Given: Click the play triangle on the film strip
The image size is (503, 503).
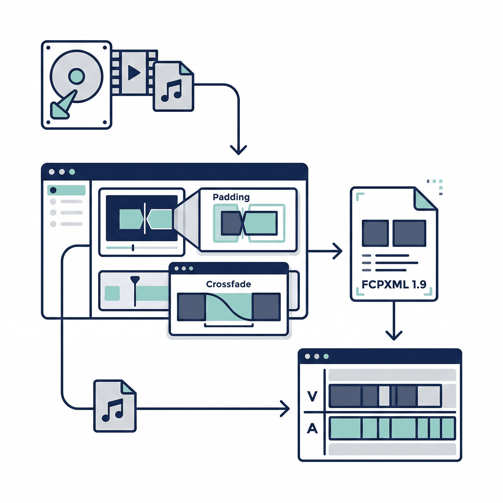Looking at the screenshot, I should (x=134, y=72).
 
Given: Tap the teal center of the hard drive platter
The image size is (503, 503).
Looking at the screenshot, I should (x=77, y=76).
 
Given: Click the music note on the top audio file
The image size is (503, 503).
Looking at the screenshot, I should (x=171, y=91).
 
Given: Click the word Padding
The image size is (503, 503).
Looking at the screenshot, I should (x=231, y=197).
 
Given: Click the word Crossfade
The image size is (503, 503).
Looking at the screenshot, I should (x=228, y=284).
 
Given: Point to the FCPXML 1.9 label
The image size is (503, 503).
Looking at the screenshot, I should (x=394, y=284).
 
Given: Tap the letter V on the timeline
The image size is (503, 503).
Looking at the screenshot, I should (x=312, y=396).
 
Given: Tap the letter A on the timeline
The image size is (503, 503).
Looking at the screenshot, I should (x=312, y=428).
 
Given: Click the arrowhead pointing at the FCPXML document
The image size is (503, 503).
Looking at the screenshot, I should (x=338, y=251).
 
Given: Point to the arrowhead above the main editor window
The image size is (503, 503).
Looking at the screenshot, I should (x=238, y=151).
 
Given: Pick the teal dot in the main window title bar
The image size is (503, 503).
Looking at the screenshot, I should (x=72, y=172).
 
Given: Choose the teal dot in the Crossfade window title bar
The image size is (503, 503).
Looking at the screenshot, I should (x=191, y=268).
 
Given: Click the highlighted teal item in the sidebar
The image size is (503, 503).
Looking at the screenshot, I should (x=66, y=190).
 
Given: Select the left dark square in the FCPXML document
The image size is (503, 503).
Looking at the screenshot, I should (x=375, y=233).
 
